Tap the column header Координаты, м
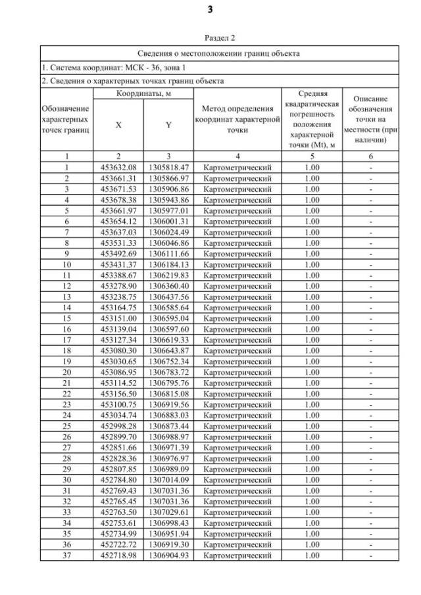143,95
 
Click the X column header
118,125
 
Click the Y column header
168,125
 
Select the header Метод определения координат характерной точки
237,119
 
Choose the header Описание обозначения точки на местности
370,119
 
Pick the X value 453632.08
118,168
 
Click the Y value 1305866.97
168,178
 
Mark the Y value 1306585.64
168,308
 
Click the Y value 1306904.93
168,556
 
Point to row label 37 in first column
66,556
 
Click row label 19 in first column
66,362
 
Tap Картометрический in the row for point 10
237,264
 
